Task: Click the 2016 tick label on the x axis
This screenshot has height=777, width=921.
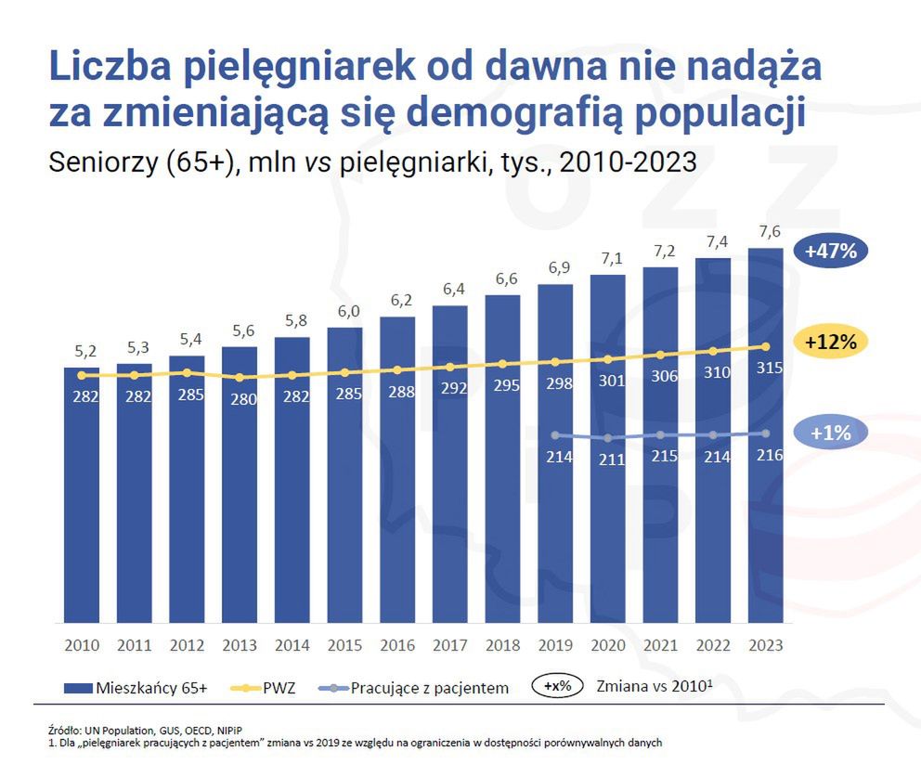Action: pyautogui.click(x=397, y=644)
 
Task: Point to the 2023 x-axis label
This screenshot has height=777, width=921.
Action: pyautogui.click(x=766, y=644)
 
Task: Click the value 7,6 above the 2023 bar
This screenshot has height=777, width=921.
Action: pyautogui.click(x=766, y=231)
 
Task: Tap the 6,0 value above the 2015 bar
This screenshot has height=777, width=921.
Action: pyautogui.click(x=344, y=312)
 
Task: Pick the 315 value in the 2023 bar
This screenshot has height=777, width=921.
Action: pyautogui.click(x=766, y=369)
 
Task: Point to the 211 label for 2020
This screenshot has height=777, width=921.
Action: pyautogui.click(x=609, y=459)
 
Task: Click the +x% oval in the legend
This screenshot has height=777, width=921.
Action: pyautogui.click(x=557, y=688)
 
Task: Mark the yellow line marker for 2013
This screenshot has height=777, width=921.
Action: pyautogui.click(x=240, y=378)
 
